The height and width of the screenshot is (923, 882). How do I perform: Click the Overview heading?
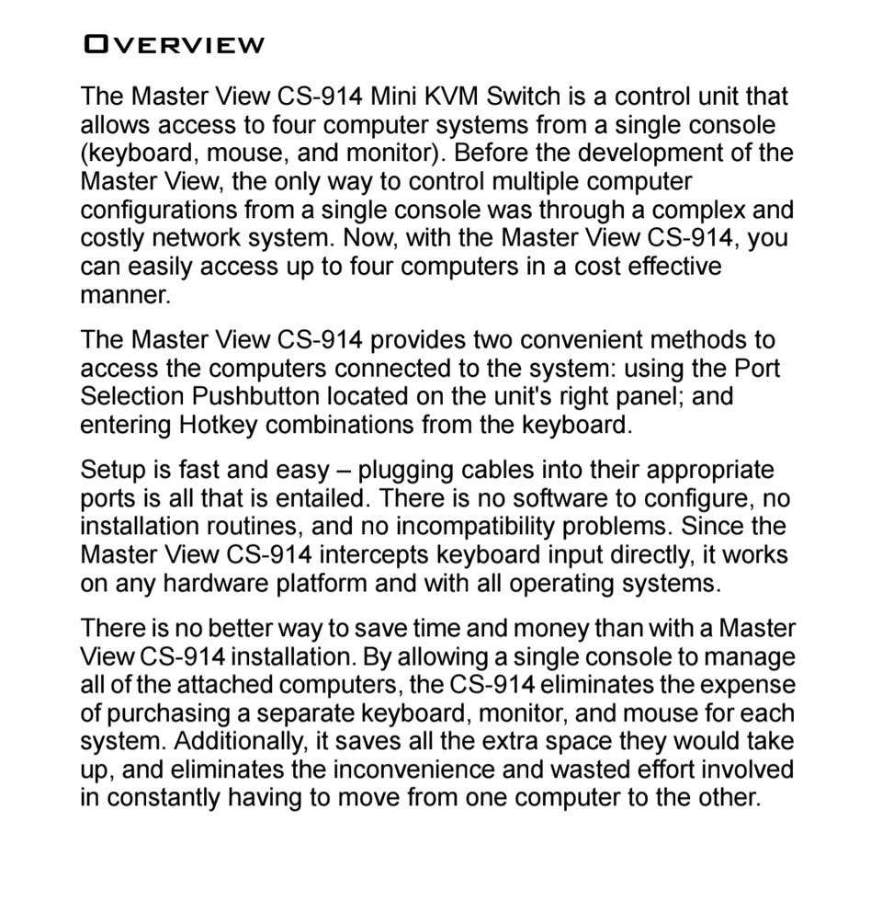point(173,44)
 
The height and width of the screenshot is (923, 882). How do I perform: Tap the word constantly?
point(164,798)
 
